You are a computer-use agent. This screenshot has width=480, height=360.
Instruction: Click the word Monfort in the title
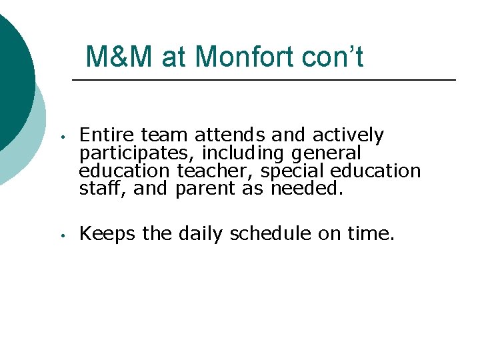coord(244,57)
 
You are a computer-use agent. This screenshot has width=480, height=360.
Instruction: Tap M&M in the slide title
coord(121,57)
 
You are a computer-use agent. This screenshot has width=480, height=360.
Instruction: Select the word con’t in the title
coord(332,57)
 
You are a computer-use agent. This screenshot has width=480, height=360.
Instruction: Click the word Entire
coord(102,135)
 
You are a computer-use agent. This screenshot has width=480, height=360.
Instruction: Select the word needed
coord(307,189)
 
